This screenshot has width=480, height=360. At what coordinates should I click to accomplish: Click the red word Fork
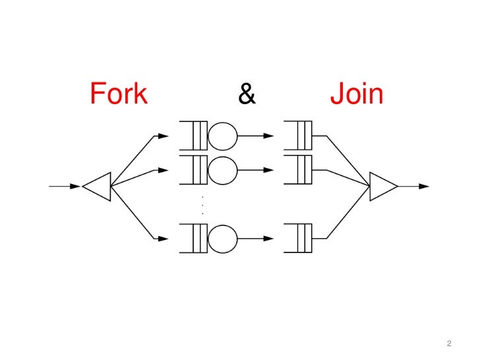(119, 94)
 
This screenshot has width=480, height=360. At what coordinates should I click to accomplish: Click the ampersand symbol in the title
(247, 95)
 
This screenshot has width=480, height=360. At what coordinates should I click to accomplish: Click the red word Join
(357, 94)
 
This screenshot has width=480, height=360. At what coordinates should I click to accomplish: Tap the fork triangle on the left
(98, 186)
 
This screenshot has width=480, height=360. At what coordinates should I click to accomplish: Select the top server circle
(223, 136)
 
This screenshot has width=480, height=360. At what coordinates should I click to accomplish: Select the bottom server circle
(223, 238)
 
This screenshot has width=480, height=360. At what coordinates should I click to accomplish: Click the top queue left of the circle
(193, 136)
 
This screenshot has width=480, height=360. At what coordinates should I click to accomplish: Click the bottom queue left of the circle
(193, 238)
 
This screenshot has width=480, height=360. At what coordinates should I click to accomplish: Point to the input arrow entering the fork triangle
(65, 186)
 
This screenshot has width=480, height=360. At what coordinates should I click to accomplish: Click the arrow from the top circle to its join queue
(256, 136)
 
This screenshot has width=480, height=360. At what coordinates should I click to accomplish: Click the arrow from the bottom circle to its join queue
(256, 238)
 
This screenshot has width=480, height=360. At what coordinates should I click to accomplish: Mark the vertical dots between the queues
(202, 206)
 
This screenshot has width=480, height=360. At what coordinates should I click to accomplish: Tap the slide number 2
(449, 344)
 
